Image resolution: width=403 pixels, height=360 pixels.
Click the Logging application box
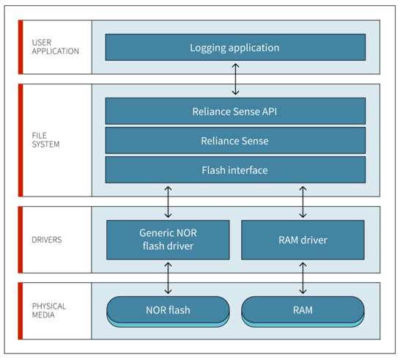point(235,48)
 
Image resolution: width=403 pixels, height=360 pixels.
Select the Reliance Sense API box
point(235,111)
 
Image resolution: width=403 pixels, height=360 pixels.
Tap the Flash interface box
point(235,170)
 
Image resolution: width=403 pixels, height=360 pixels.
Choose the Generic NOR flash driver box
point(168,240)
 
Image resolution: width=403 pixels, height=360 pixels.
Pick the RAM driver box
point(303,240)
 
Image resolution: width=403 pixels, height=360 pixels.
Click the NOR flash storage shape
point(168,312)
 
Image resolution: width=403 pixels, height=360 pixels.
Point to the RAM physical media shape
point(303,312)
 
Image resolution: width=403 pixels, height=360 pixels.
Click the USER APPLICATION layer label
point(55,47)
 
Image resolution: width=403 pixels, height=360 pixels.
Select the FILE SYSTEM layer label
point(45,140)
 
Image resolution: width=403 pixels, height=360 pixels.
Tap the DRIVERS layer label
point(47,240)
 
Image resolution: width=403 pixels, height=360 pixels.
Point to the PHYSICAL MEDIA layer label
point(49,310)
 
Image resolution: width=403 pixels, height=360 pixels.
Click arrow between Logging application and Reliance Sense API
point(235,79)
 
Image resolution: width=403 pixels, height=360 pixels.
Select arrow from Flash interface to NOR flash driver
point(168,202)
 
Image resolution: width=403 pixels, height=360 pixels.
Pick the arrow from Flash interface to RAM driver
point(303,202)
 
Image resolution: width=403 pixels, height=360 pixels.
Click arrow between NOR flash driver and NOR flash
point(168,278)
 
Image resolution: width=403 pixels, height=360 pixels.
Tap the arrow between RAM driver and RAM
point(303,278)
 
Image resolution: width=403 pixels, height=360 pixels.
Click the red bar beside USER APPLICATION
point(21,47)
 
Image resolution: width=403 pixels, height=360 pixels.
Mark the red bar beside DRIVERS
point(21,240)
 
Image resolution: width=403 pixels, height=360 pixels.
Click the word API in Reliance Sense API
point(270,111)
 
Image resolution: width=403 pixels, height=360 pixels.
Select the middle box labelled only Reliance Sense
point(235,141)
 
